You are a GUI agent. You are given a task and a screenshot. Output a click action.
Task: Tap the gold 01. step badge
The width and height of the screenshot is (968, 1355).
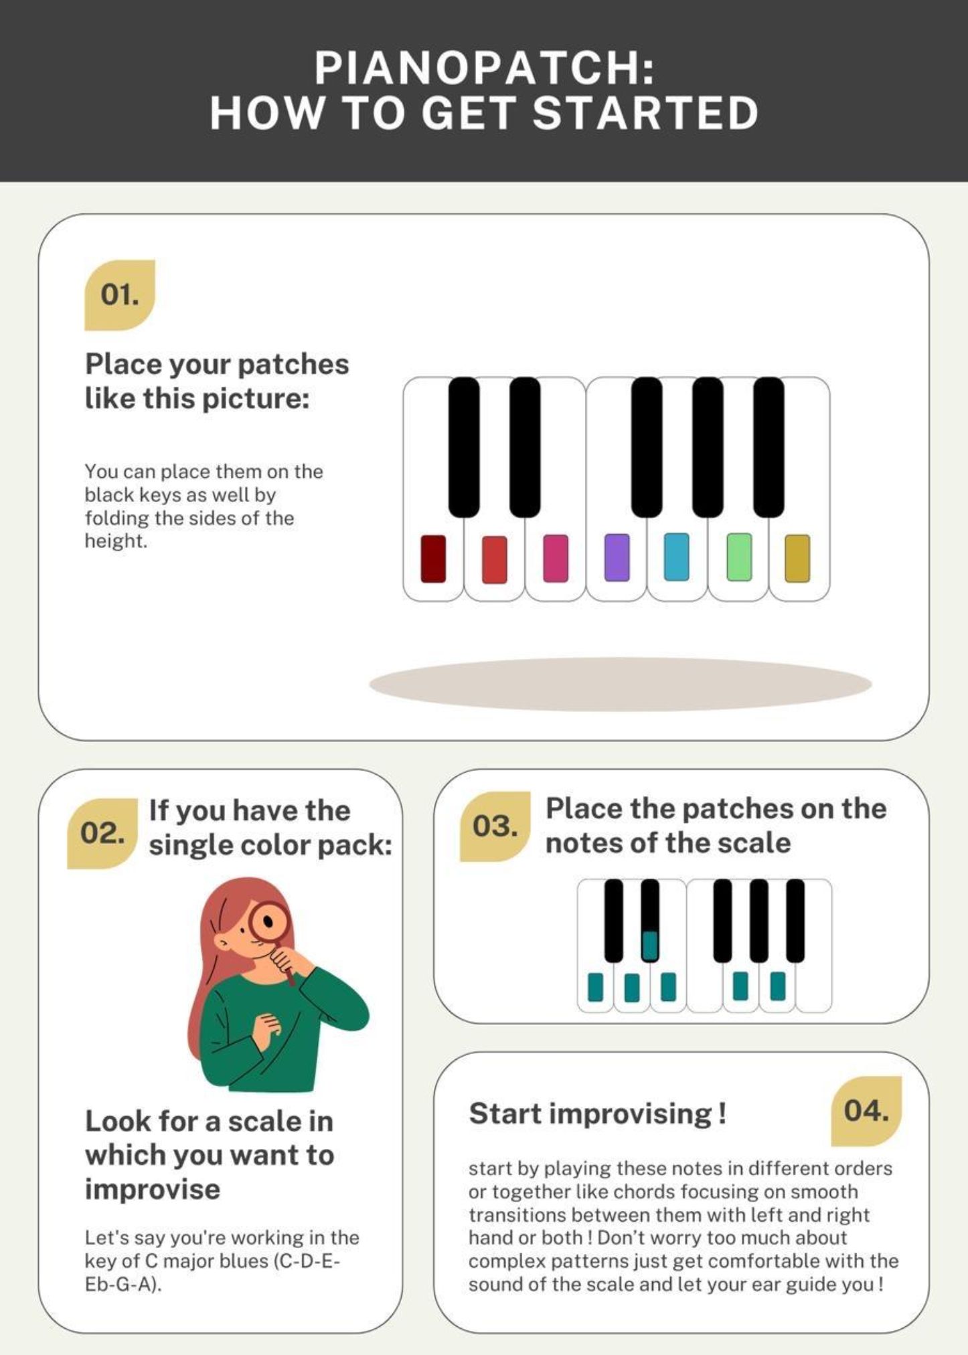(120, 295)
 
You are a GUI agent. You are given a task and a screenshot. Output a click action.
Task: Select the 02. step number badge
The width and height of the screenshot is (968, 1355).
(102, 833)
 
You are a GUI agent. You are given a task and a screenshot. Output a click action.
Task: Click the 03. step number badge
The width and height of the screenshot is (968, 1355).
(495, 826)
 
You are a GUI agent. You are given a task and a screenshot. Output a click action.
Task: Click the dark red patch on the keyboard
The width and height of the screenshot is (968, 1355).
(433, 559)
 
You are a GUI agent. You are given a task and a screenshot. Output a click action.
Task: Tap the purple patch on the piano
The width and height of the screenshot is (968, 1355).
(617, 557)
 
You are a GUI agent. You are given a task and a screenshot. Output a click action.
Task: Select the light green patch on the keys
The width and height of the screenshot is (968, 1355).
(739, 557)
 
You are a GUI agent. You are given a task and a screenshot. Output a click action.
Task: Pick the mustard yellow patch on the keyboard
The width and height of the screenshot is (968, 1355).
(797, 558)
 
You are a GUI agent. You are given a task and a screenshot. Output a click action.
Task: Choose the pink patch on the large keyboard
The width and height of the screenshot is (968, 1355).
(556, 558)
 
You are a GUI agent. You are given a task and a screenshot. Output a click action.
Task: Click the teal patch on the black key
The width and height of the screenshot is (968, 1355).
(649, 945)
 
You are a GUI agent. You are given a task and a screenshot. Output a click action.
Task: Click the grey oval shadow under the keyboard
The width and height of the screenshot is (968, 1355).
(620, 684)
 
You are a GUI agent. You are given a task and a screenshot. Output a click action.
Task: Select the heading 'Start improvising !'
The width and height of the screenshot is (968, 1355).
(597, 1114)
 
